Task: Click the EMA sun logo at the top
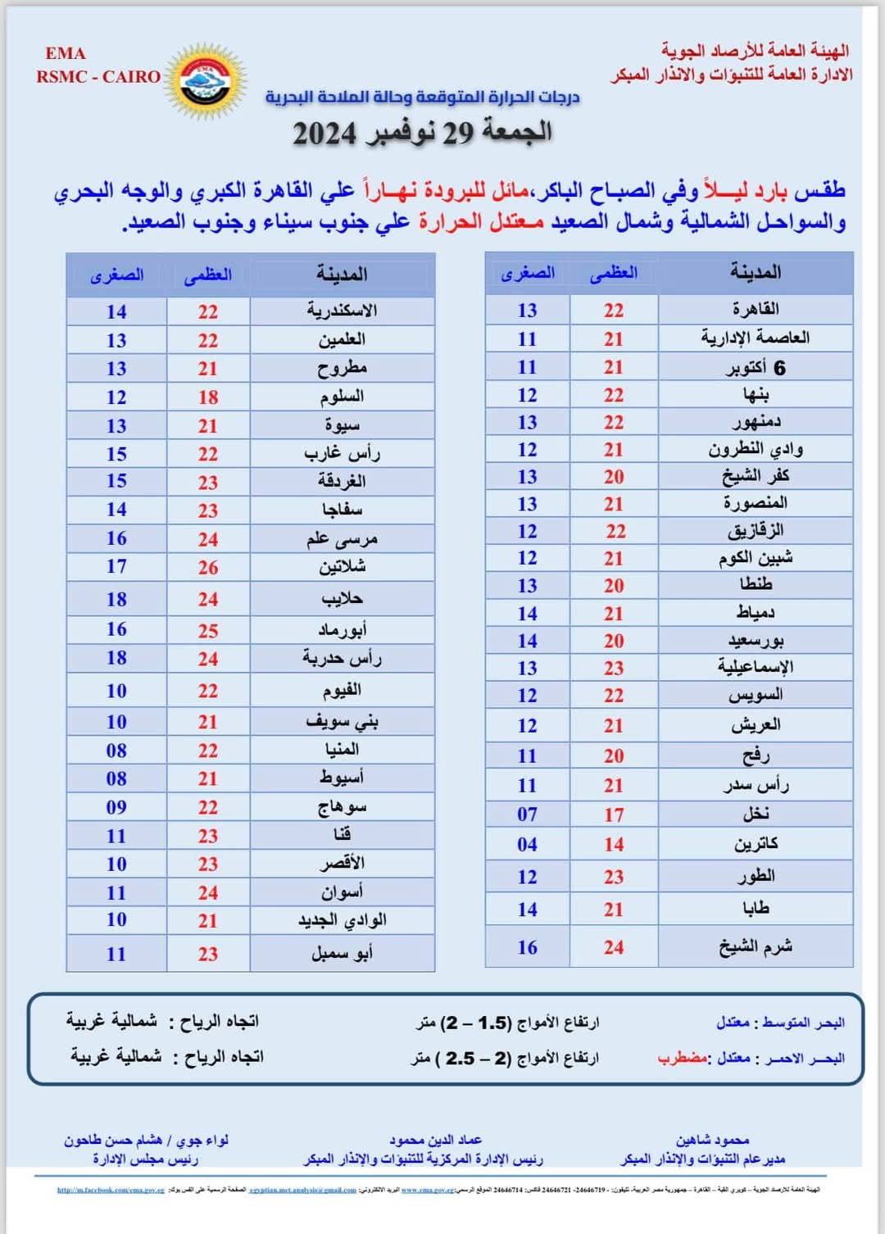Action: coord(206,81)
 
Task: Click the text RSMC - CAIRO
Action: coord(98,77)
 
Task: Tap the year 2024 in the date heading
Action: coord(324,134)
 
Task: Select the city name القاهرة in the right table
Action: coord(756,309)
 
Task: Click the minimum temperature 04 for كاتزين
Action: coord(527,845)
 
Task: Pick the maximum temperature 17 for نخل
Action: coord(614,815)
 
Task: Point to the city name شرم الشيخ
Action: coord(756,947)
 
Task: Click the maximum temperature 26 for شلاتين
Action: coord(208,567)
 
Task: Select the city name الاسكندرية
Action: coord(342,311)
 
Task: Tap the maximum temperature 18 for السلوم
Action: coord(208,397)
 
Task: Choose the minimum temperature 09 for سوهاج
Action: coord(116,807)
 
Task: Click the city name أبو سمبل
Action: coord(342,953)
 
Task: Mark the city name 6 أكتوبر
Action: coord(756,368)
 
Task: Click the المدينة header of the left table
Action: coord(342,274)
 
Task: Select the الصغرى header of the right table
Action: coord(528,273)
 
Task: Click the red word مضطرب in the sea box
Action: coord(682,1058)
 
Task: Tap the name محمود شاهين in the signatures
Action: coord(712,1140)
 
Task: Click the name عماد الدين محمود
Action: coord(435,1140)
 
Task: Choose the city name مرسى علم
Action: coord(342,538)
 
